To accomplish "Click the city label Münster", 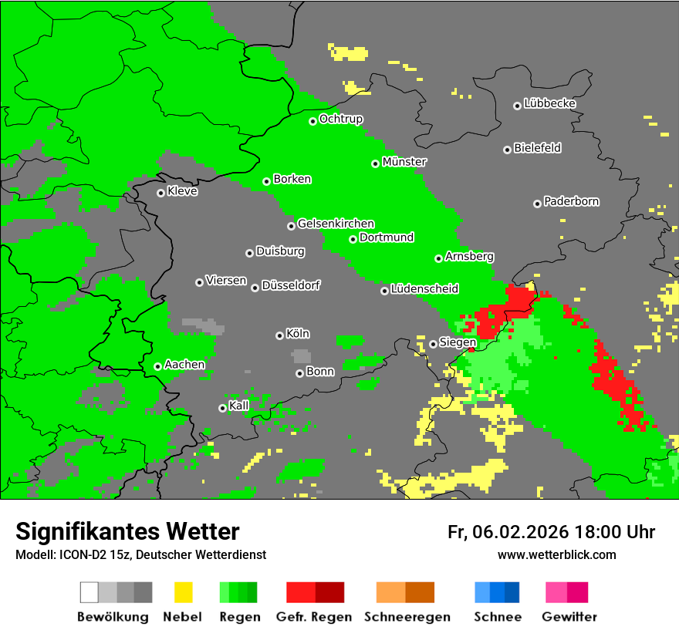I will [404, 162].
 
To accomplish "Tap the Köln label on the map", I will [298, 334].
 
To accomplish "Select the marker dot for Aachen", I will [157, 366].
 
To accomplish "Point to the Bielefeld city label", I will [537, 148].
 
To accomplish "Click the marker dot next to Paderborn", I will [537, 204].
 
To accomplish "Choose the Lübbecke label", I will [549, 103].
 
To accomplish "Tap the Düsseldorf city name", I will [291, 285].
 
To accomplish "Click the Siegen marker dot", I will [434, 344].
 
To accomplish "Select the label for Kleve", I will [182, 191].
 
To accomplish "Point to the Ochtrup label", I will [341, 119].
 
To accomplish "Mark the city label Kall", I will [239, 406].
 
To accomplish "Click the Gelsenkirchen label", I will [336, 224].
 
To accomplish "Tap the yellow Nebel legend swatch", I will [183, 592].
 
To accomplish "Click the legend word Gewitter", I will [569, 617].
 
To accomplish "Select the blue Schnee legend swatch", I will [497, 592].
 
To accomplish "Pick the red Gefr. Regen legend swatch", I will [315, 592].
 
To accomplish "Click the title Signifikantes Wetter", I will [127, 531].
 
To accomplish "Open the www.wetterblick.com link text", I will [556, 554].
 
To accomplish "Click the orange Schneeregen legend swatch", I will [405, 592].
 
